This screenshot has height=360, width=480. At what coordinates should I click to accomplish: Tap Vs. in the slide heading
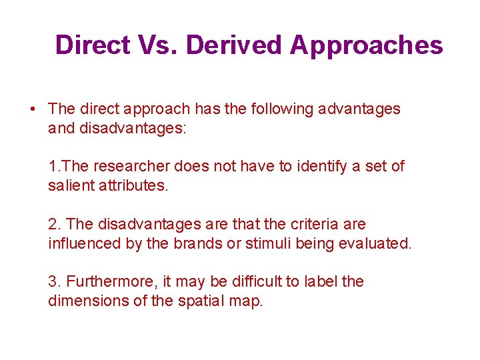[157, 45]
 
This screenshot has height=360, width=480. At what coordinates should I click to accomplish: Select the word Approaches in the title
[367, 45]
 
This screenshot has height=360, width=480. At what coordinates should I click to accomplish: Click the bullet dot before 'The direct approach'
[32, 109]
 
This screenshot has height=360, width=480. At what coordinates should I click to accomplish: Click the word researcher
[139, 166]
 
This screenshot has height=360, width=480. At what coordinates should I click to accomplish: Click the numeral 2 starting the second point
[52, 224]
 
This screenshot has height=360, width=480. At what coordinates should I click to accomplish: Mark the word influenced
[85, 243]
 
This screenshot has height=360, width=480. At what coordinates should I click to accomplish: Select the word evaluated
[377, 243]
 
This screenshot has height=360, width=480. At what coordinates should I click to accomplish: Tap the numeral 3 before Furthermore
[52, 281]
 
